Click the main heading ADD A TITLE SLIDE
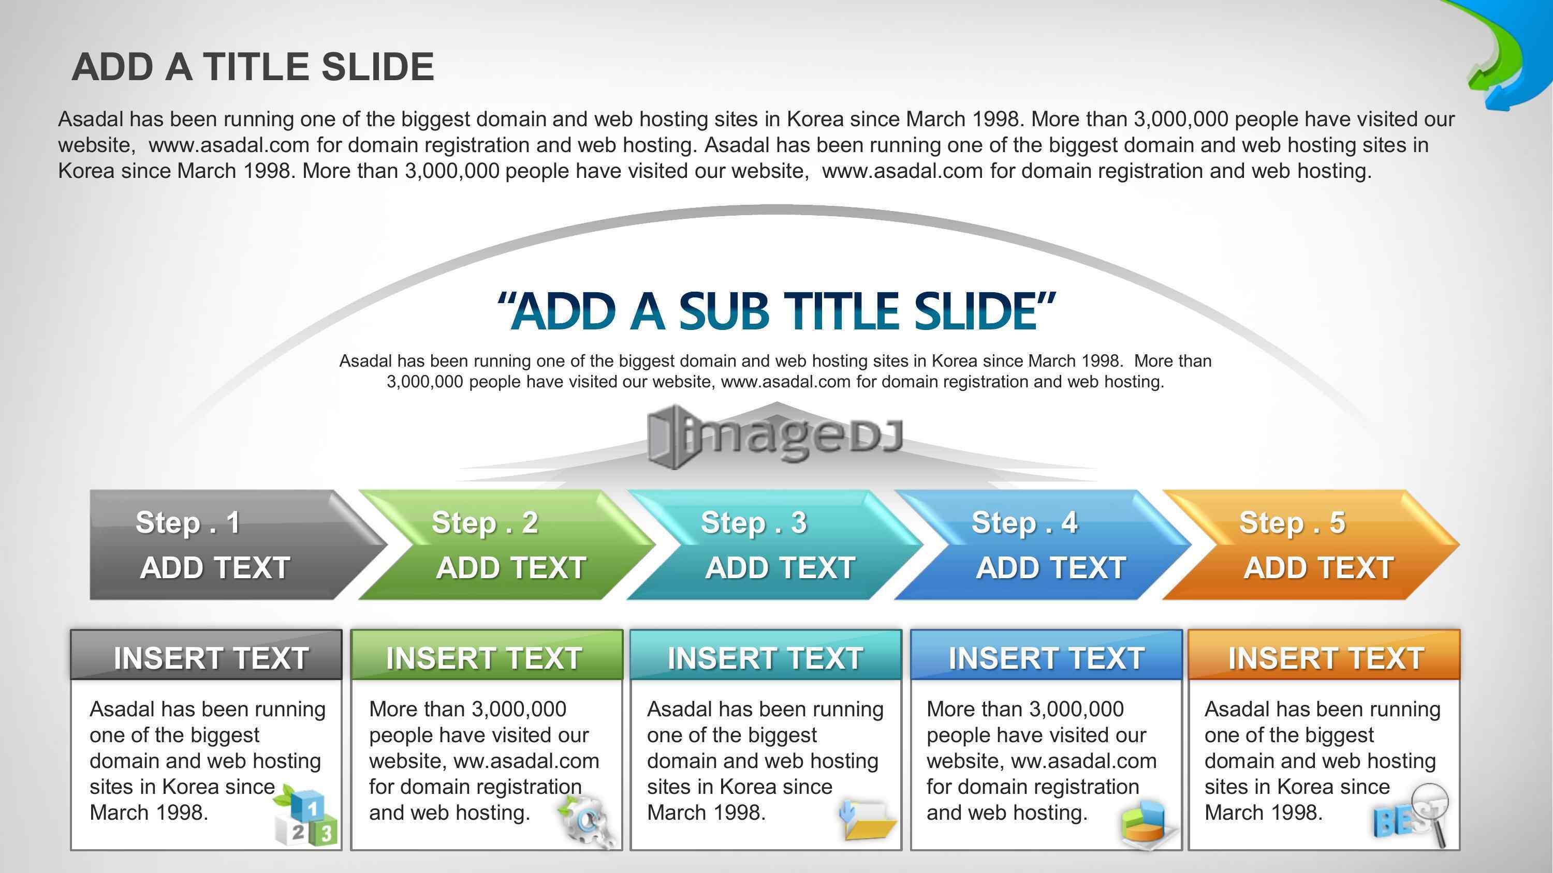pyautogui.click(x=253, y=66)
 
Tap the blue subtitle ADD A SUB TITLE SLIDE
pyautogui.click(x=776, y=311)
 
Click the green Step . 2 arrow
pyautogui.click(x=506, y=545)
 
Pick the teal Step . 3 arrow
pyautogui.click(x=775, y=545)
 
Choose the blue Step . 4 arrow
pyautogui.click(x=1043, y=545)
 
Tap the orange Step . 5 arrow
pyautogui.click(x=1311, y=545)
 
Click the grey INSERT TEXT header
pyautogui.click(x=206, y=655)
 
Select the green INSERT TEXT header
pyautogui.click(x=487, y=655)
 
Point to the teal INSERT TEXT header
pyautogui.click(x=766, y=655)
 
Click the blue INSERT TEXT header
pyautogui.click(x=1046, y=655)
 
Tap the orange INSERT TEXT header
pyautogui.click(x=1324, y=655)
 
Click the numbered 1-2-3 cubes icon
pyautogui.click(x=305, y=815)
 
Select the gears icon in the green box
pyautogui.click(x=587, y=821)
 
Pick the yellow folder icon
pyautogui.click(x=868, y=819)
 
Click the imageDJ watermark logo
pyautogui.click(x=775, y=436)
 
